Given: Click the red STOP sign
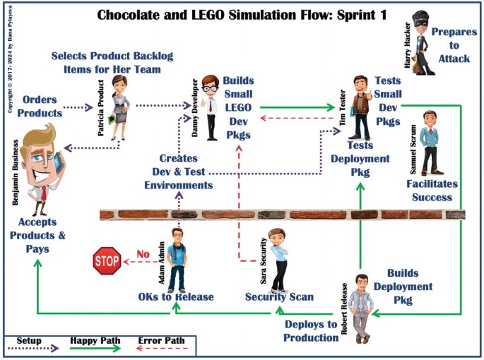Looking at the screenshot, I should tap(107, 261).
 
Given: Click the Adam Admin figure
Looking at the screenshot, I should tap(177, 258).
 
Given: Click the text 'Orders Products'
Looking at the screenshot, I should tap(39, 107).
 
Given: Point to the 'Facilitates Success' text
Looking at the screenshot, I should tap(432, 190).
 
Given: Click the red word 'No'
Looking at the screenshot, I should tap(143, 253).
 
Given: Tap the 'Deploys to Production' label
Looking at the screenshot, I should tap(311, 330).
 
